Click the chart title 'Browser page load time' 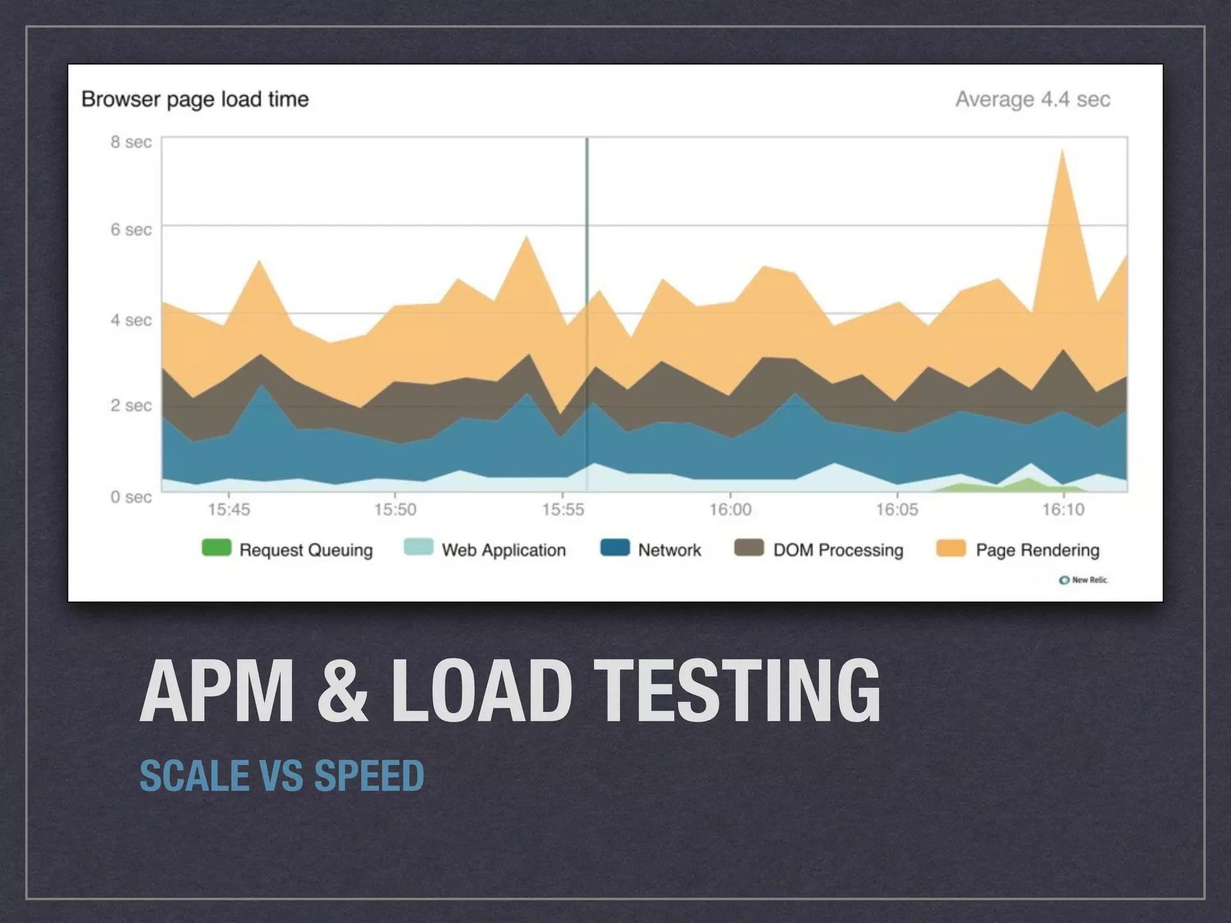[195, 99]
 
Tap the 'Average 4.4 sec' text [1032, 99]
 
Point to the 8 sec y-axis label [131, 142]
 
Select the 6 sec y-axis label [131, 230]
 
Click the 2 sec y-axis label [131, 406]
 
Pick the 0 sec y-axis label [131, 497]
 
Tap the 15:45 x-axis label [228, 510]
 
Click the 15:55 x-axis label [563, 510]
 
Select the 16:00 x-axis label [730, 510]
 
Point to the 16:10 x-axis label [1063, 510]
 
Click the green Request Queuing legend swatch [216, 548]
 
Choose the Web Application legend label [504, 550]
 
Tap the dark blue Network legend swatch [615, 548]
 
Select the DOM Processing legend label [838, 550]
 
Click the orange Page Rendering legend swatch [951, 548]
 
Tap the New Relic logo [1083, 580]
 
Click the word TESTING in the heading [740, 691]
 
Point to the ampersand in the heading [342, 691]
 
